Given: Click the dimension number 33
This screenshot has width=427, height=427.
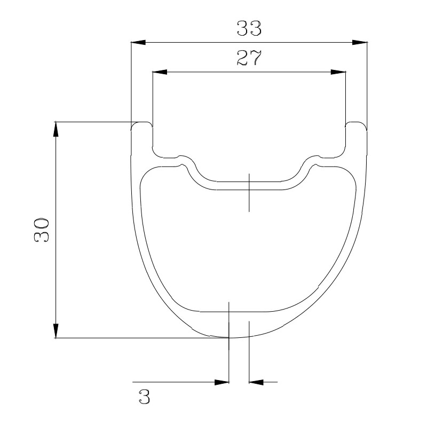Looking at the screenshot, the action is pos(249,28).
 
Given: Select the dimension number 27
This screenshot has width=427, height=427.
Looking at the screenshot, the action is pos(249,58).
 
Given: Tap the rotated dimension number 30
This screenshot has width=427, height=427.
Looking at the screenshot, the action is pos(42,230).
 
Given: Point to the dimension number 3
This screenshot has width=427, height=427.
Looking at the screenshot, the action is pos(144,397).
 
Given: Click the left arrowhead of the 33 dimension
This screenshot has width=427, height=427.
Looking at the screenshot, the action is pos(138,43).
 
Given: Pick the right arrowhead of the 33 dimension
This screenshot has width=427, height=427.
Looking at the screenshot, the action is pos(359,43).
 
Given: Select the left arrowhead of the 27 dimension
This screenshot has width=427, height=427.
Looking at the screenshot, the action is pos(160,72).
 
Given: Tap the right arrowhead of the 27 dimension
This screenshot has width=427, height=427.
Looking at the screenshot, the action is pos(338,72).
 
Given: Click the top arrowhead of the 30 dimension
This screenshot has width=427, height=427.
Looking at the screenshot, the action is pos(56,129).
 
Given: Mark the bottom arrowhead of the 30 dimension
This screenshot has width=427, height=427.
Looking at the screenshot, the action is pos(56,330).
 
